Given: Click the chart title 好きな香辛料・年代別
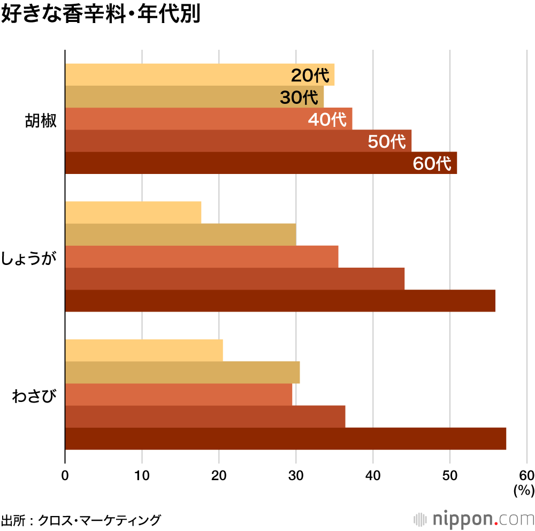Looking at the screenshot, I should (x=101, y=15).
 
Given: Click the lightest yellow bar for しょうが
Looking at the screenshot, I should (x=133, y=213).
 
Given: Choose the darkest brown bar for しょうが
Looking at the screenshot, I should (x=280, y=301).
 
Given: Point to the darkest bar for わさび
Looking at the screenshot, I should (x=285, y=439).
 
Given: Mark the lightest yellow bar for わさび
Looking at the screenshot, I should (x=143, y=351).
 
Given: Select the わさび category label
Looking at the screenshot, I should (x=34, y=397).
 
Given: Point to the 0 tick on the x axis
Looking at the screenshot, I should (x=65, y=475).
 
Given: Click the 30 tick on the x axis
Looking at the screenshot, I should (x=296, y=475).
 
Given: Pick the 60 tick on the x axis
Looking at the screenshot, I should (x=526, y=475).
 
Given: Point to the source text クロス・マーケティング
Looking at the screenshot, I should (x=99, y=520).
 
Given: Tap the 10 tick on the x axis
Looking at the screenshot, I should (x=142, y=475).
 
